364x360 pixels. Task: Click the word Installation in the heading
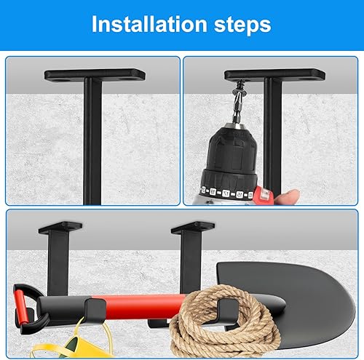149,24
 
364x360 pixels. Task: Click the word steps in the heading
242,25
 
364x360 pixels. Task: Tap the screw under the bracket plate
237,88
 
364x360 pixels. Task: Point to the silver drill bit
237,111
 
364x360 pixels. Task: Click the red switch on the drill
261,195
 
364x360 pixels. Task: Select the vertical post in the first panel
92,140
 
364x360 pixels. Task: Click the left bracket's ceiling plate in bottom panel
60,228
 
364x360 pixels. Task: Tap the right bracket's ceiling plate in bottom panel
193,228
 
